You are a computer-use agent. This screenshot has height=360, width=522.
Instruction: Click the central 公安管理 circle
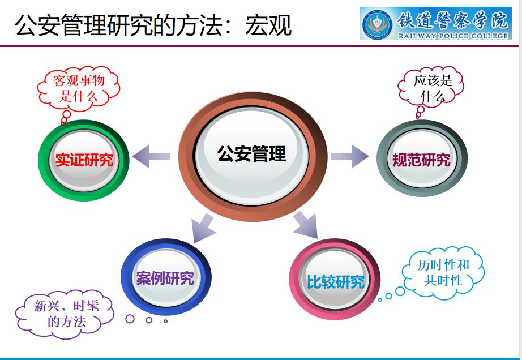point(251,155)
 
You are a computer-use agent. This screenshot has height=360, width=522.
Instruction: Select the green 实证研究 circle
point(84,160)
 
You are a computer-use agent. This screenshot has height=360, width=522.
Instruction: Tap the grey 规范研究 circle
point(422,160)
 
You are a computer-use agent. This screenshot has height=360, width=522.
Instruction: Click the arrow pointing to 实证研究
point(151,157)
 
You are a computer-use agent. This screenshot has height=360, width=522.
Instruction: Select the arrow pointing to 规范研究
point(349,156)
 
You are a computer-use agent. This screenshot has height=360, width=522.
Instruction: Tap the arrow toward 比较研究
point(305,225)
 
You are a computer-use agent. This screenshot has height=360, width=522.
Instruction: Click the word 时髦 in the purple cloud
point(85,306)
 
